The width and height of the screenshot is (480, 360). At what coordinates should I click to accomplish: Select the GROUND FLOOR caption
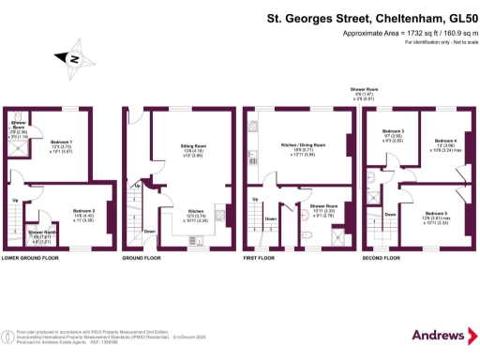141,257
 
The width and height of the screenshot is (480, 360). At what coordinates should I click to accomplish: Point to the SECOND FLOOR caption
381,257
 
